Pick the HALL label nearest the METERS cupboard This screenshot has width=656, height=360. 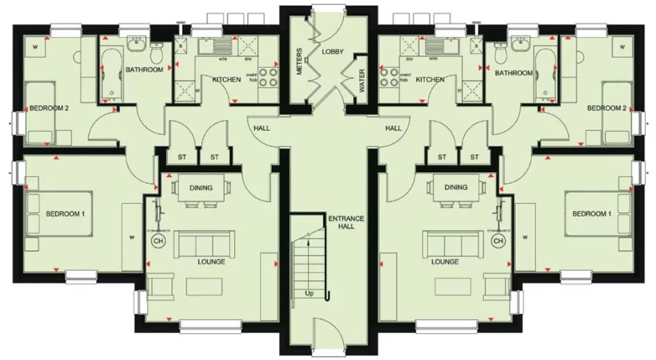coord(260,128)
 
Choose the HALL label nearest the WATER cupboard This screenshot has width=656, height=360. coord(393,128)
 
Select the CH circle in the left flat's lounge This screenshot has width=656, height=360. coord(156,240)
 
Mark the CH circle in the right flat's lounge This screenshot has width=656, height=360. coord(498,240)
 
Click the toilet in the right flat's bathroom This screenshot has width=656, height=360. coord(501,54)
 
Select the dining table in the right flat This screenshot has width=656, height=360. coord(456,188)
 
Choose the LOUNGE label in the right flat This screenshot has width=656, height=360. coord(445,261)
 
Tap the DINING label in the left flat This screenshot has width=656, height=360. coord(201,188)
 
